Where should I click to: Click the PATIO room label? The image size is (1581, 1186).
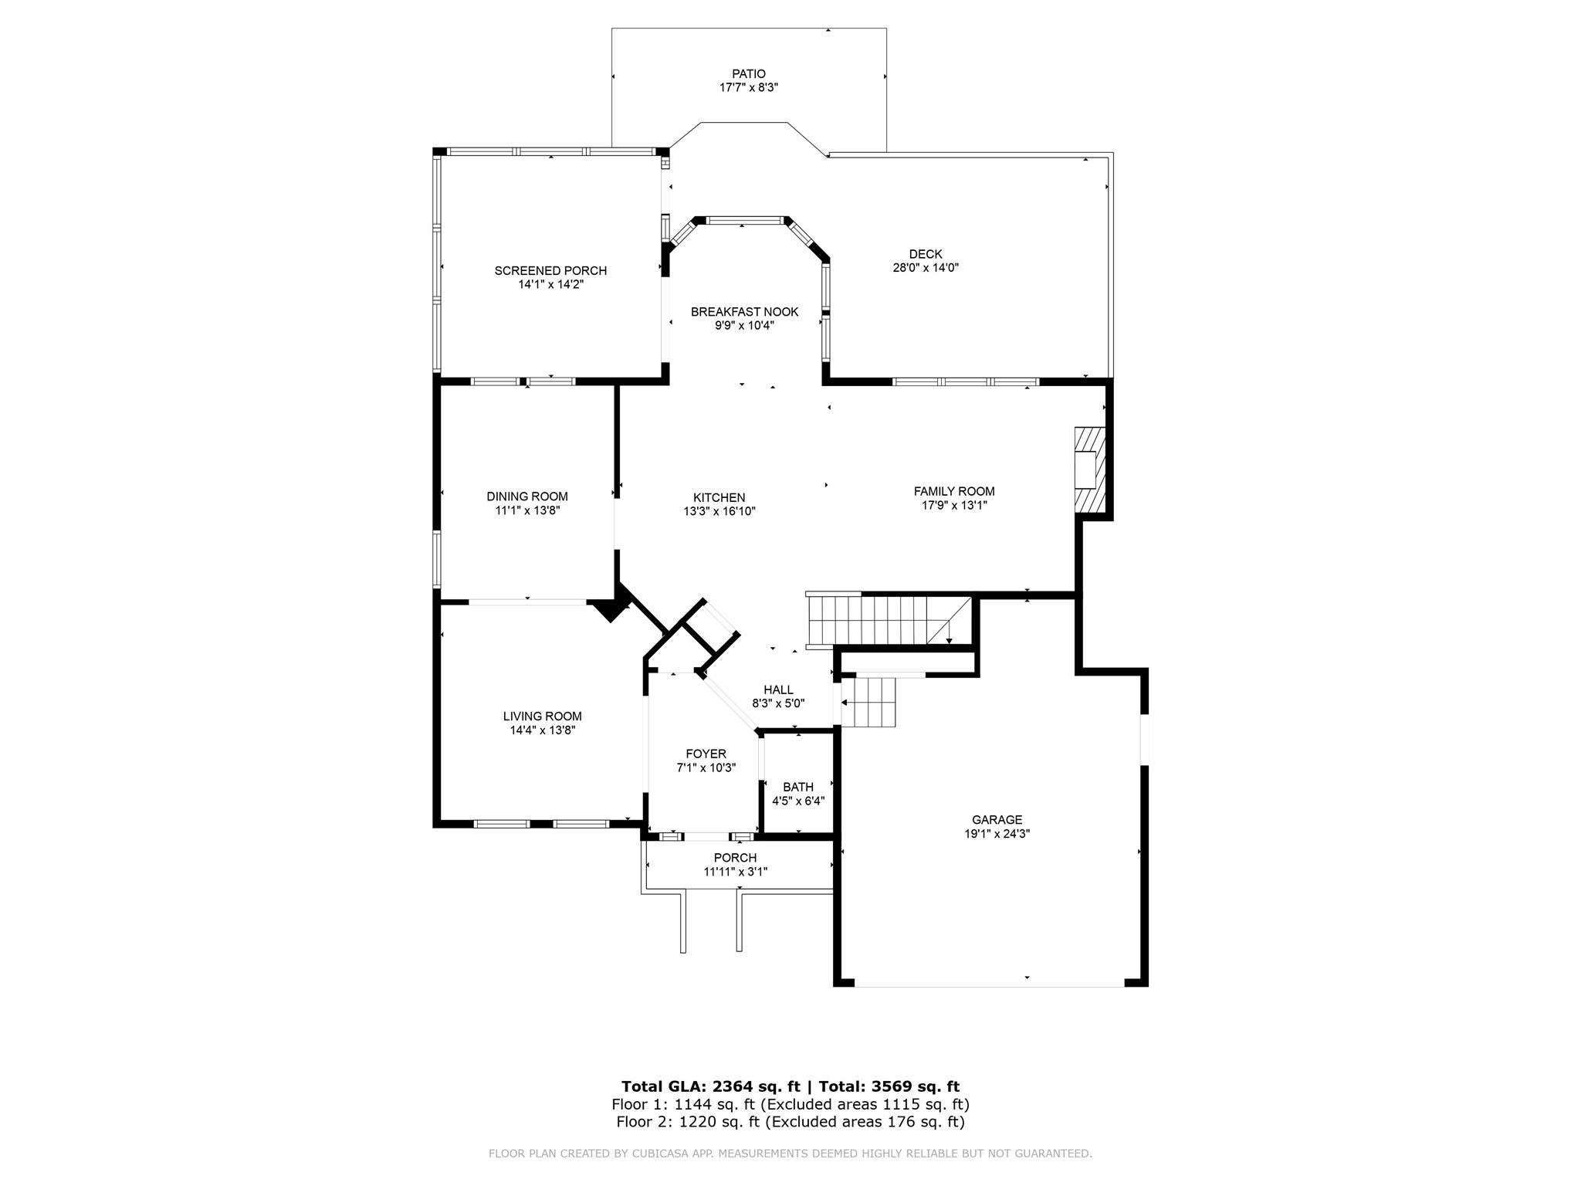coord(748,74)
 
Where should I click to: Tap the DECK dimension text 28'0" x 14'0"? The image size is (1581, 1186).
coord(925,268)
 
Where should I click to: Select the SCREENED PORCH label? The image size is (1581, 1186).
coord(550,270)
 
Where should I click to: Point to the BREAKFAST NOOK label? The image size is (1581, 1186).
coord(744,312)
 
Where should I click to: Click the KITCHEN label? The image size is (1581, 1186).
coord(719,497)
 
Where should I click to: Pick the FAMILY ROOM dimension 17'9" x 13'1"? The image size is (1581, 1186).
coord(954,505)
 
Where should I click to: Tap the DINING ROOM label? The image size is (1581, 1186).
coord(526,496)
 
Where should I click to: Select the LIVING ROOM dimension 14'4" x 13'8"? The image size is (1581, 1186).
coord(542,730)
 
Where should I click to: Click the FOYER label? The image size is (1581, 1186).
coord(706,754)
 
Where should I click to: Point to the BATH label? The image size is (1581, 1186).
coord(797,787)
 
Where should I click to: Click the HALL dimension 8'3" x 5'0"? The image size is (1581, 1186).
coord(778,703)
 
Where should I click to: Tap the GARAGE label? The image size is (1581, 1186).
coord(997,819)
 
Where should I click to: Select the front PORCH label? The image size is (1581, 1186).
coord(735,858)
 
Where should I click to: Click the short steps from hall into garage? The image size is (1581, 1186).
coord(869,703)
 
